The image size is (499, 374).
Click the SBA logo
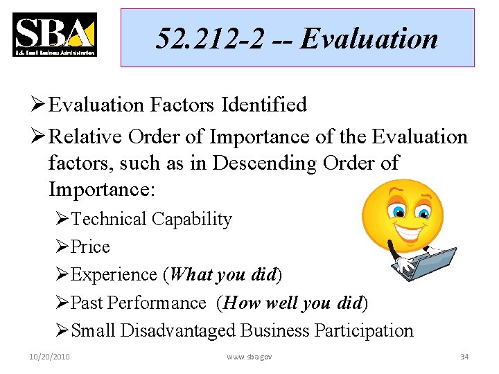pos(54,35)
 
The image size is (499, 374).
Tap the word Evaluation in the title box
pos(369,39)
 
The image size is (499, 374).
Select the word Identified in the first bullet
pos(264,105)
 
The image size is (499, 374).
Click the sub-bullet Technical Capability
pos(151,219)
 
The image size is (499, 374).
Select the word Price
pos(90,247)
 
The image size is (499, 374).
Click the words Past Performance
pos(139,303)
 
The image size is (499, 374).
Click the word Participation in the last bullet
pos(363,330)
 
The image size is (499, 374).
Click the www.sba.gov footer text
pos(249,357)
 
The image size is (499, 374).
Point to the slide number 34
pos(464,357)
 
